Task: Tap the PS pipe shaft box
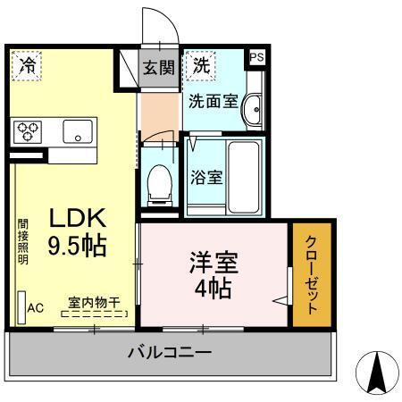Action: [x=256, y=57]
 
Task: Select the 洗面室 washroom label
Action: [x=212, y=101]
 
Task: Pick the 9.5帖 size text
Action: [x=77, y=247]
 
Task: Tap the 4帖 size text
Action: [x=214, y=289]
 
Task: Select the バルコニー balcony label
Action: [x=169, y=353]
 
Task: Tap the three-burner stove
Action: [x=29, y=131]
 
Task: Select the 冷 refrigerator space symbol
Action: [x=29, y=64]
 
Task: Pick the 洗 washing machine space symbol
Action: [x=202, y=64]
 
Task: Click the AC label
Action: [x=35, y=308]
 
